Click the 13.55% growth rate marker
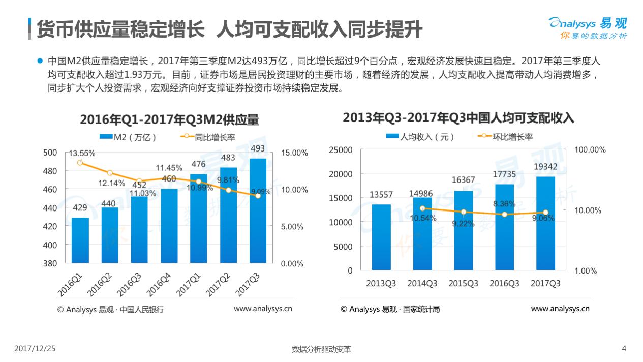(x=80, y=163)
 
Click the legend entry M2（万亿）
(x=128, y=137)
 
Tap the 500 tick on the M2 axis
(x=50, y=152)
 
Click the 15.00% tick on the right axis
(x=294, y=153)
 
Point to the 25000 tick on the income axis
(x=341, y=149)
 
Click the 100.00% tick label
(x=590, y=149)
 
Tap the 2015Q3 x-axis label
(x=463, y=284)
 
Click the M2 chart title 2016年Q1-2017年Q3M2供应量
(x=169, y=120)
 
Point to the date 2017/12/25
(x=35, y=349)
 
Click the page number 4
(x=624, y=349)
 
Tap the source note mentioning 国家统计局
(x=390, y=309)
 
